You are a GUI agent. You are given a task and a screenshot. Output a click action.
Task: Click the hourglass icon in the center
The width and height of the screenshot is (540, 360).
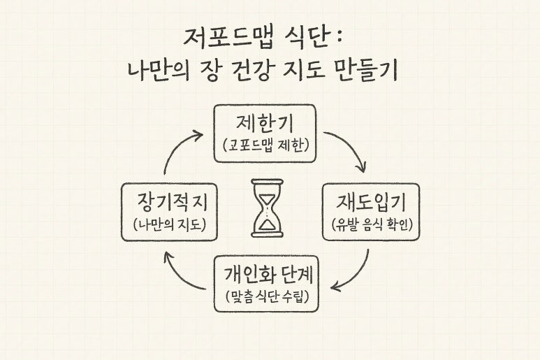point(267,208)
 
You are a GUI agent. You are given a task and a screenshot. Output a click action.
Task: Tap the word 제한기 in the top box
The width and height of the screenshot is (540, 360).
point(265,124)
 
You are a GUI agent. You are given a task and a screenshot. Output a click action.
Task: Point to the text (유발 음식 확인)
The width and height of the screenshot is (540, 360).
point(370,225)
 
